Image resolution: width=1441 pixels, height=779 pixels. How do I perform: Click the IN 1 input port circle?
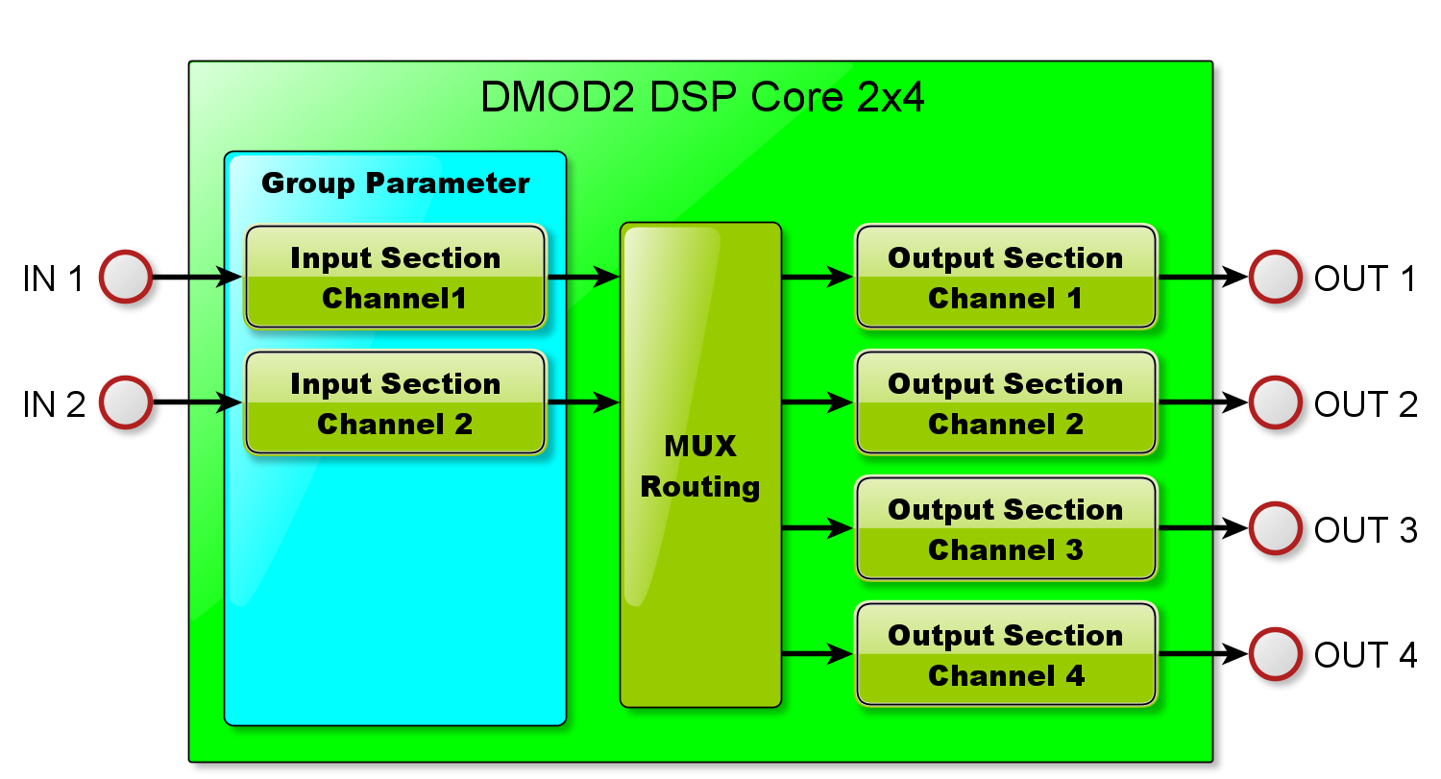(126, 277)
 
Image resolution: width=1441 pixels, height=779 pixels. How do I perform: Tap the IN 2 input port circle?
(126, 402)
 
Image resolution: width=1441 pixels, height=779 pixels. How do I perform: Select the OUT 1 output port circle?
(1275, 277)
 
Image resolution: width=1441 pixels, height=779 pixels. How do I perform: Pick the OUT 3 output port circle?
(1275, 528)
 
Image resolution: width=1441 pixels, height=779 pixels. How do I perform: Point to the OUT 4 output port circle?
(1275, 654)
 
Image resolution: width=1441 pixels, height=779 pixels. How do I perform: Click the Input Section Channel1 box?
(395, 277)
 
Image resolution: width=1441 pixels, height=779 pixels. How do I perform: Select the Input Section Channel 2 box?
(395, 402)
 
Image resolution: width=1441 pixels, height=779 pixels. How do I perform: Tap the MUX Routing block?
(700, 465)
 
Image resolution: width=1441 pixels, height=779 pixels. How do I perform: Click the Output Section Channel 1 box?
(1006, 277)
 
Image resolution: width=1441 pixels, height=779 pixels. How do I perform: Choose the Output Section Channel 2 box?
(1006, 402)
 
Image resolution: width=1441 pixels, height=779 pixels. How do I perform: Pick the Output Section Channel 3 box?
(1006, 528)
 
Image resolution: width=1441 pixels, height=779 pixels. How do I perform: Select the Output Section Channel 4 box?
(1006, 654)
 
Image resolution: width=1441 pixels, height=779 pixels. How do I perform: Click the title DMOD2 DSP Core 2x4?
(702, 97)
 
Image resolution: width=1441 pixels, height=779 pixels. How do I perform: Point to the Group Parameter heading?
(395, 184)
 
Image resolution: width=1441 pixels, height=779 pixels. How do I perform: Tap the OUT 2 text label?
(1366, 404)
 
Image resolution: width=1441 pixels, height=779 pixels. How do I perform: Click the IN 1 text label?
(54, 279)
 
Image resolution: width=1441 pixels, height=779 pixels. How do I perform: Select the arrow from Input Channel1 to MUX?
(583, 277)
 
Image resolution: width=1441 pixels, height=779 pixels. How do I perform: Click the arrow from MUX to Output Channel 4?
(818, 654)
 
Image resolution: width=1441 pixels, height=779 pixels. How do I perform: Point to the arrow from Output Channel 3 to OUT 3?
(1203, 528)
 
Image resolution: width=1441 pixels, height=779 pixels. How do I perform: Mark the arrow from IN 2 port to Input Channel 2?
(198, 402)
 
